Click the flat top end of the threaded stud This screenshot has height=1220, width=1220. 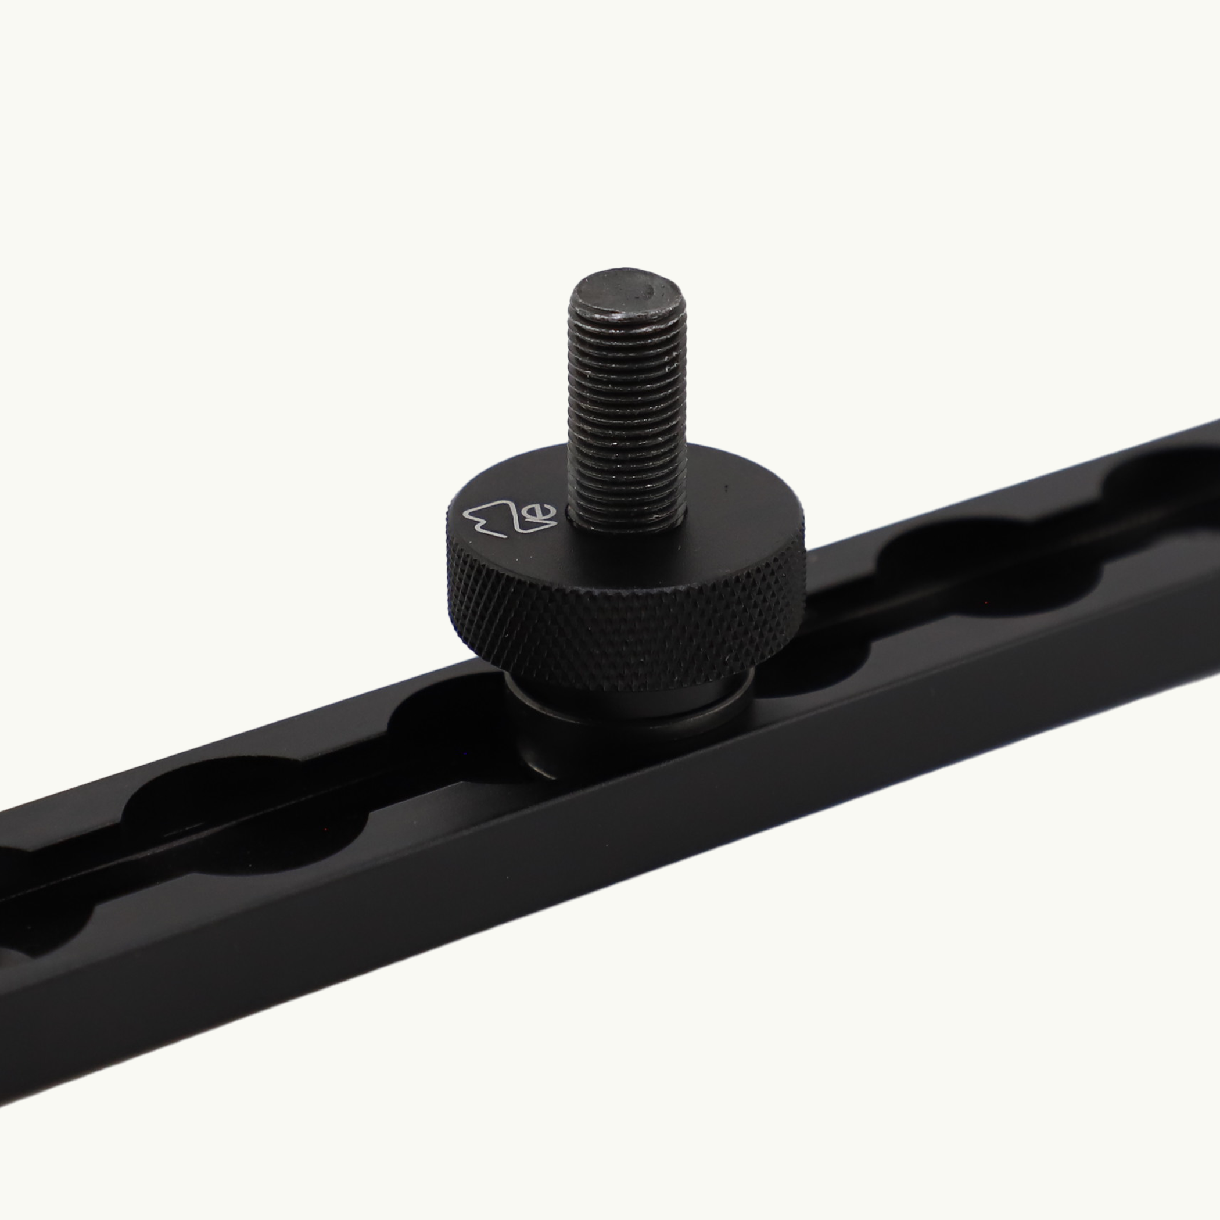click(625, 297)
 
